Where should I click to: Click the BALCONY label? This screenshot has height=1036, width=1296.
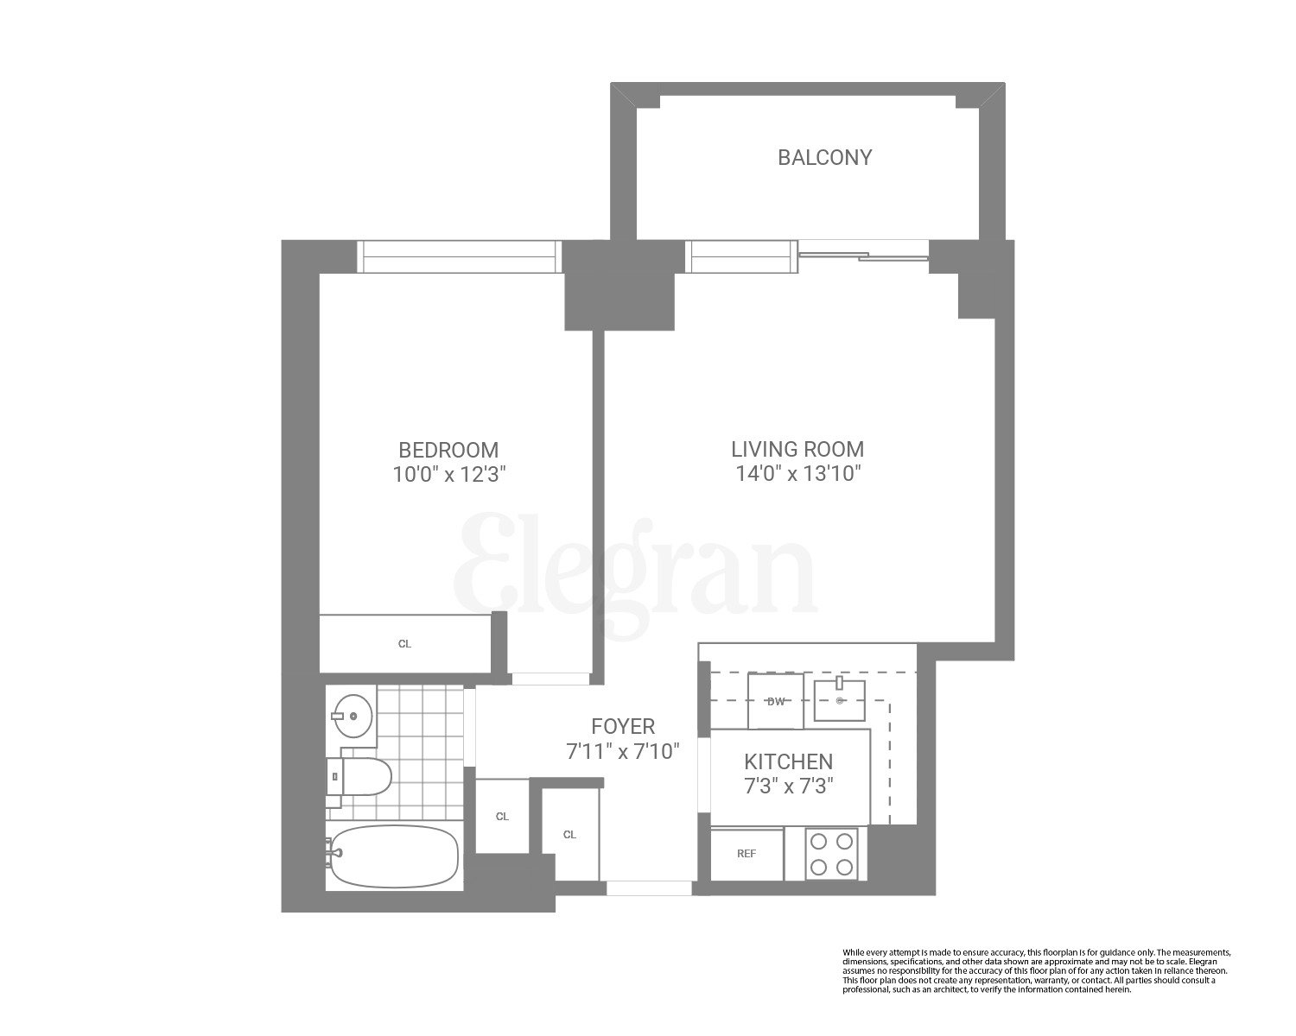(824, 157)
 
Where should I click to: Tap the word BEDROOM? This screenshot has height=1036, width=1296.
(448, 450)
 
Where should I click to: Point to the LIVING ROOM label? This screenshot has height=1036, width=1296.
(797, 449)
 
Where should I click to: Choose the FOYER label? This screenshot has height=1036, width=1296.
(623, 726)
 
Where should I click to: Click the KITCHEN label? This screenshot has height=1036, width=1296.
(789, 761)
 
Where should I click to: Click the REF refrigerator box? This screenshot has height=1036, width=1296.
(746, 854)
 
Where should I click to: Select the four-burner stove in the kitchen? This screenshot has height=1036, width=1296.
(831, 854)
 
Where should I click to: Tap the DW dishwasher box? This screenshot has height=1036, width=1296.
(776, 701)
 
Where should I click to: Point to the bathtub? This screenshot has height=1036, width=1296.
(394, 857)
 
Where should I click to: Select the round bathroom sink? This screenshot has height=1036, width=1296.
(353, 716)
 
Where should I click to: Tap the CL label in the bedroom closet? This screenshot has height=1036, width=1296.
(404, 644)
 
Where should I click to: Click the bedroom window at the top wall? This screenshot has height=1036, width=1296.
(459, 257)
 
